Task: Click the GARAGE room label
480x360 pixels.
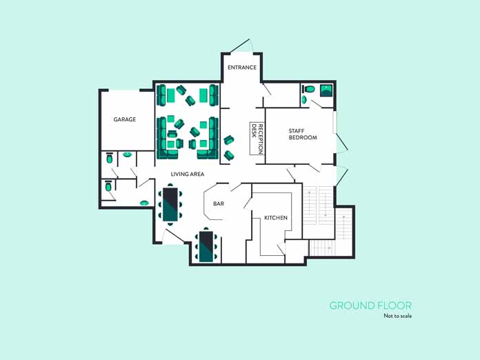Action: coord(125,119)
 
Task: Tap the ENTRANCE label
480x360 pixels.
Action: coord(242,68)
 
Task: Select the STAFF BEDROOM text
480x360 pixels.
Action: coord(303,134)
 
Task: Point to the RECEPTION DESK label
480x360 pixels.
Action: coord(257,139)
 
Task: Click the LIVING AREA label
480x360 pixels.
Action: coord(188,174)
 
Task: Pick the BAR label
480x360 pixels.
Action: coord(219,203)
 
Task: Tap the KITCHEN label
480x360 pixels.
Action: coord(276,218)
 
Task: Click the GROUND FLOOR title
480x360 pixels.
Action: coord(370,306)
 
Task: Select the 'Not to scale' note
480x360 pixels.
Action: coord(398,316)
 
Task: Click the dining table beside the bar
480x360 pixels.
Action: coord(170,204)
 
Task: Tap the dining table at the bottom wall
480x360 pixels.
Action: coord(206,246)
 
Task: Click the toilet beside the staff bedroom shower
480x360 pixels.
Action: coord(310,89)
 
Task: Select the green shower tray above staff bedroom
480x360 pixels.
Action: coord(326,90)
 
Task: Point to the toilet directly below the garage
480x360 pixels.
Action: coord(109,159)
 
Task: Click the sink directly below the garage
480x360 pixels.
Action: coord(128,155)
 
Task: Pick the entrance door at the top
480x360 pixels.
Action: coord(241,46)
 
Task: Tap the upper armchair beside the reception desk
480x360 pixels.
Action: coord(229,140)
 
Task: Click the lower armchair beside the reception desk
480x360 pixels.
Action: coord(229,155)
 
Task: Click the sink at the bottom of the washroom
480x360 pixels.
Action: coord(144,203)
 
